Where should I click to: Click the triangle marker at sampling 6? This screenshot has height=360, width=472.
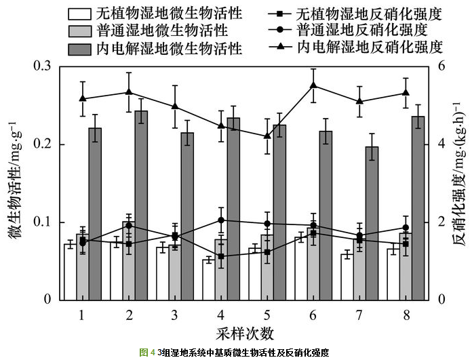tap(313, 85)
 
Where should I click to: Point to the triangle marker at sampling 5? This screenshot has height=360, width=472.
tap(267, 136)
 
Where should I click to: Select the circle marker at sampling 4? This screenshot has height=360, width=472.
tap(221, 220)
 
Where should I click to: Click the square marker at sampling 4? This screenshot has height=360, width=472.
tap(221, 256)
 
